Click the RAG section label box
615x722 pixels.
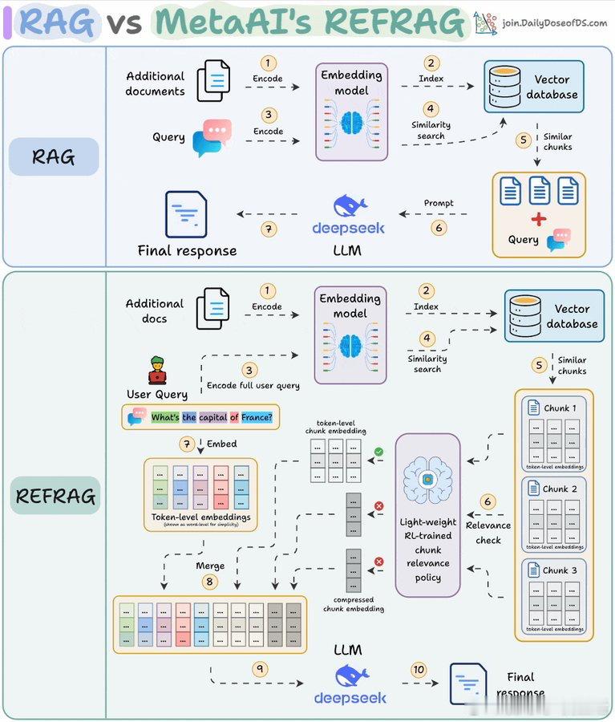tap(54, 156)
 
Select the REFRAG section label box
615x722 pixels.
tap(55, 497)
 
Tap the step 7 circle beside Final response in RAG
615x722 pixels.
tap(269, 229)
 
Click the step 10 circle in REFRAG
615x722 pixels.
tap(419, 669)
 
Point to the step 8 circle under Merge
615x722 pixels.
tap(210, 582)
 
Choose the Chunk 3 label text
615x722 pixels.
tap(560, 570)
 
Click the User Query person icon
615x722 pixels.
tap(157, 371)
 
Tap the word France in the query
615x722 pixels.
tap(256, 417)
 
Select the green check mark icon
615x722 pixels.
tap(378, 452)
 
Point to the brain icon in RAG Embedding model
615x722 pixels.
tap(351, 122)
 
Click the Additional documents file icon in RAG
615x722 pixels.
tap(213, 80)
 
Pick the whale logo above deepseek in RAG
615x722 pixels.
tap(349, 205)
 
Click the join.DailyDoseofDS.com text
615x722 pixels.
tap(554, 23)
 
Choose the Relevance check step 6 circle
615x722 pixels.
tap(488, 501)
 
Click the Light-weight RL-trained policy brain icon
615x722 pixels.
tap(427, 481)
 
